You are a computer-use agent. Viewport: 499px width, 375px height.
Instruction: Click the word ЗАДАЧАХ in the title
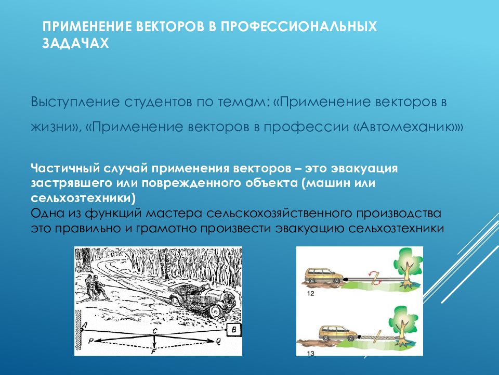click(x=75, y=43)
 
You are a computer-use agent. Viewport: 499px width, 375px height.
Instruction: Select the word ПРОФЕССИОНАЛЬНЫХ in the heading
click(x=299, y=27)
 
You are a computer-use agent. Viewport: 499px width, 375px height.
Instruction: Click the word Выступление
click(x=75, y=103)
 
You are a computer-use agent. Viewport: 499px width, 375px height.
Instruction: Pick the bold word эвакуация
click(x=364, y=168)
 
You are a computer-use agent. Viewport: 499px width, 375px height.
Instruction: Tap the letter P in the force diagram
click(x=90, y=341)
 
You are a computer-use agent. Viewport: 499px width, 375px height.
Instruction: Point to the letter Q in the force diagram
click(x=218, y=342)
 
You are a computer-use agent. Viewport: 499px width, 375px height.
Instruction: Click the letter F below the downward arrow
click(x=154, y=352)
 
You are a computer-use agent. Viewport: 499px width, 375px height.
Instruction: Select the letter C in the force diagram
click(x=155, y=331)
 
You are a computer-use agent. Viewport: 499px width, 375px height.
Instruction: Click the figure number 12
click(x=311, y=293)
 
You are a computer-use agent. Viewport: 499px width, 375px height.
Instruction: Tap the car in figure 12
click(x=324, y=276)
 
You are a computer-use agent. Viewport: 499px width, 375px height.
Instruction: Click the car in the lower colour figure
click(x=338, y=333)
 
